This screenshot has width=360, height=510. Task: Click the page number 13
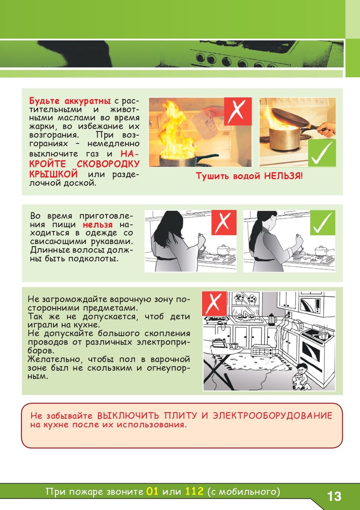click(334, 496)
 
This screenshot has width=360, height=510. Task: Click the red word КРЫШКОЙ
click(53, 174)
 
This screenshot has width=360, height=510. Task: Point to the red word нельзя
click(97, 224)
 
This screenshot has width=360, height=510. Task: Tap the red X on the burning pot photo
click(238, 111)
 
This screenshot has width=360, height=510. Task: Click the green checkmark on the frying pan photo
click(322, 153)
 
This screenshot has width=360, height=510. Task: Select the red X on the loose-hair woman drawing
click(224, 222)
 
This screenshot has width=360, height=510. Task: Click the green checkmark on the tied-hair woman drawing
click(323, 222)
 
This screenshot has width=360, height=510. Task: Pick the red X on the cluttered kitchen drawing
click(214, 303)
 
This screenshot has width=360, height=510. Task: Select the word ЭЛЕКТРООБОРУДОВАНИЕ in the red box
click(272, 416)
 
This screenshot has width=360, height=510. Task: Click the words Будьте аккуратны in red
click(70, 101)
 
